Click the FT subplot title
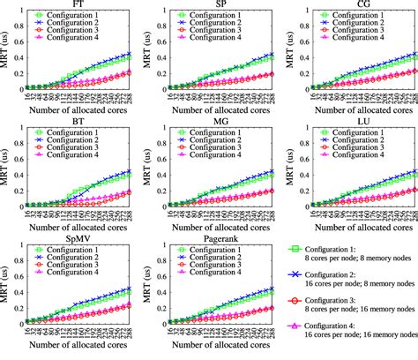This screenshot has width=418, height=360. [x=80, y=4]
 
